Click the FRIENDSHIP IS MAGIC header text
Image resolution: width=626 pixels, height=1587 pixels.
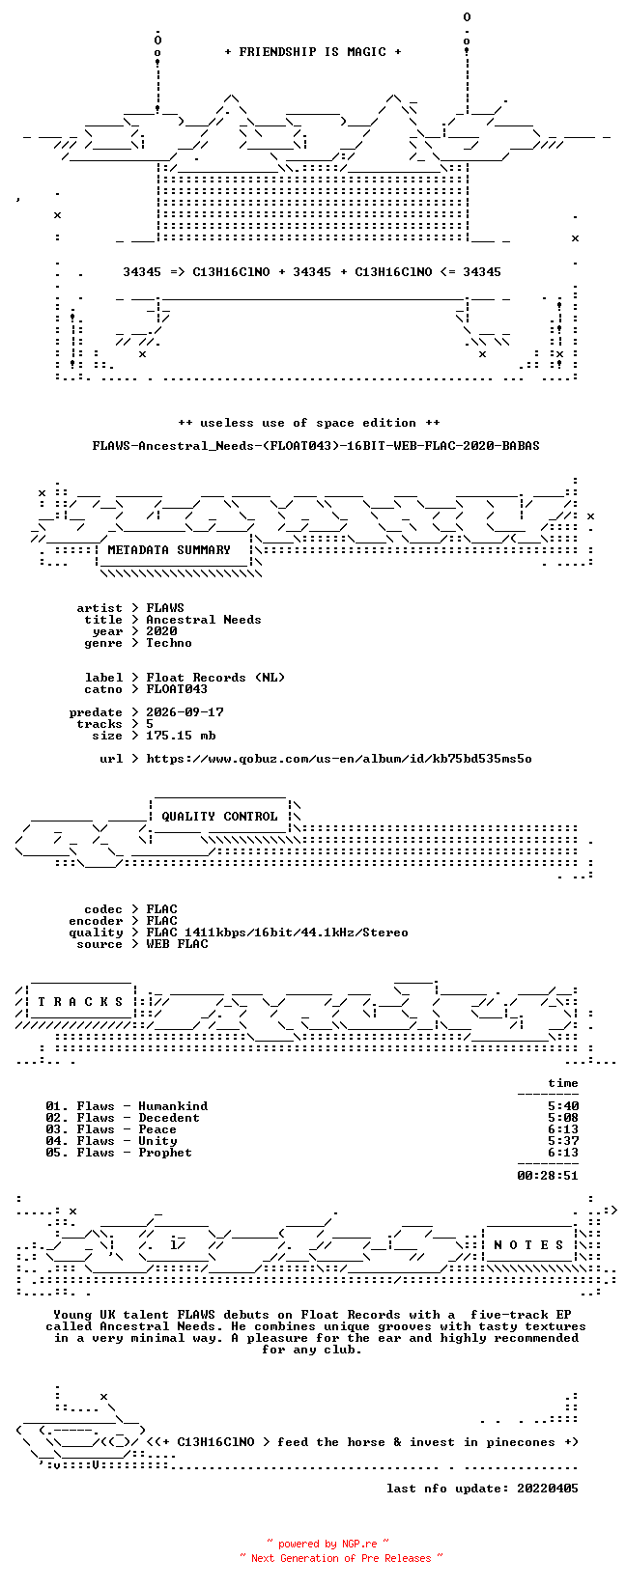313,52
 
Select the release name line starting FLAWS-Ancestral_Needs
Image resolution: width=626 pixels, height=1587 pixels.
316,446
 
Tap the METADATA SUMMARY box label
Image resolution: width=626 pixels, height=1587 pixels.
169,550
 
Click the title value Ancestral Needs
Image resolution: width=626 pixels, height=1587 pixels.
204,620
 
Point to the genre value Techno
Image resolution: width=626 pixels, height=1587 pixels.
169,643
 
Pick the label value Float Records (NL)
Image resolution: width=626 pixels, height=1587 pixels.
215,678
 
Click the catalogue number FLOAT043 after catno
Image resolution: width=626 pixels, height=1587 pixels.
177,689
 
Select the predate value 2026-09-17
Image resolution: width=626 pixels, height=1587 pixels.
185,712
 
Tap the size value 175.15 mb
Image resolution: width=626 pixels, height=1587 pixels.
181,737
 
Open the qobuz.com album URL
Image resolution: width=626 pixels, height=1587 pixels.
339,759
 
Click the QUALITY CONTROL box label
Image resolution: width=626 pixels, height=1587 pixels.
219,817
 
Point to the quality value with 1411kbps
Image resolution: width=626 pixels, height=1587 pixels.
277,933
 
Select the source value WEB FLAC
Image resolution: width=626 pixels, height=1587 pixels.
177,944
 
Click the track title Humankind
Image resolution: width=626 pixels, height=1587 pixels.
173,1106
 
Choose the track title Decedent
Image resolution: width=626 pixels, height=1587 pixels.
169,1118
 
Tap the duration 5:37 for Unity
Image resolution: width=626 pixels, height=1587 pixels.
563,1141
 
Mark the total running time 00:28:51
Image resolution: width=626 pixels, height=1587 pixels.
548,1176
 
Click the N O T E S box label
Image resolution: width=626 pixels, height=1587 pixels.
528,1245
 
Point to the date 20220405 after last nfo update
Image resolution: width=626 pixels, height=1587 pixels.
548,1489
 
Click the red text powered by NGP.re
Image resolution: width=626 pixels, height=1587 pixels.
327,1544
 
